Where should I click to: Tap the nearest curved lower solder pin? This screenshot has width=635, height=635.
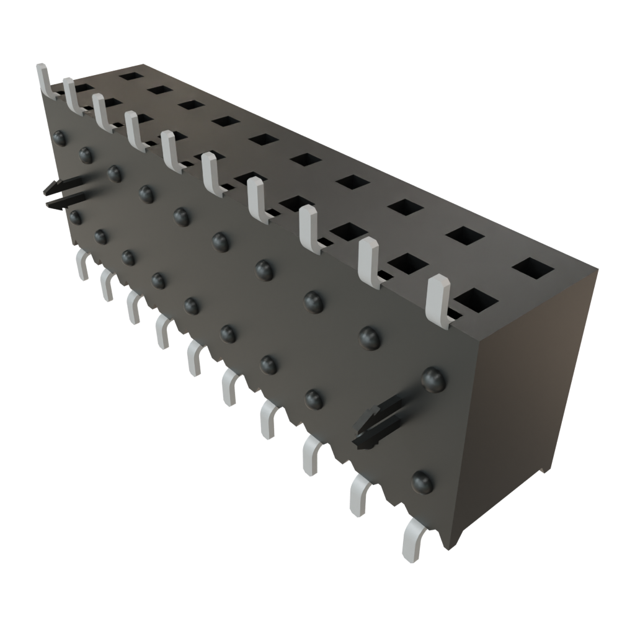[x=412, y=540]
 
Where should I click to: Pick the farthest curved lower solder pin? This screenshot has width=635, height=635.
[x=82, y=265]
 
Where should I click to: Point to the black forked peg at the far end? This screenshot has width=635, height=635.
[x=64, y=193]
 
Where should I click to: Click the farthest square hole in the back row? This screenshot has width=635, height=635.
[x=130, y=76]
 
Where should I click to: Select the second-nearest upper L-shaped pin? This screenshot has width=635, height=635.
[x=370, y=263]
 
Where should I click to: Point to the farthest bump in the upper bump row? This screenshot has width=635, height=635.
[x=61, y=138]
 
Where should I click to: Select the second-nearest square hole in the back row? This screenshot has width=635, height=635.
[x=465, y=235]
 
